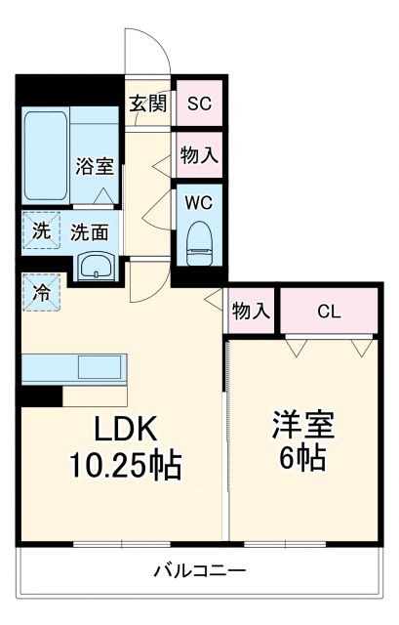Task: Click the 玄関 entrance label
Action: coord(149,104)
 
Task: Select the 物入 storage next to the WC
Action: coord(199,154)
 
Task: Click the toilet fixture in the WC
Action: coord(199,239)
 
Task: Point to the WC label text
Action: coord(199,204)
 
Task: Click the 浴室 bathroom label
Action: coord(95,165)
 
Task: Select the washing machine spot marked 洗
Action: coord(41,231)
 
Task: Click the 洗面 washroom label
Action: coord(89,232)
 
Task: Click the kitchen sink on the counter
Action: coord(100,368)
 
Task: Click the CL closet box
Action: coord(329,312)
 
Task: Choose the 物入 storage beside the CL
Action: coord(251,312)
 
